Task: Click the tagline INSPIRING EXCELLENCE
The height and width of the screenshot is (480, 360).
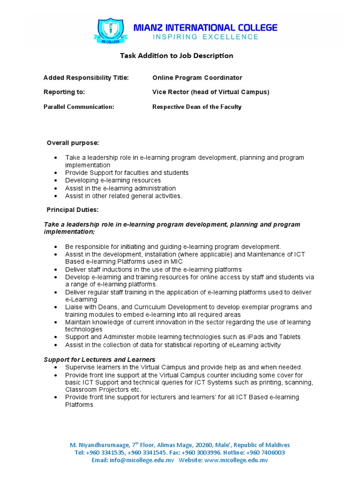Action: pyautogui.click(x=205, y=37)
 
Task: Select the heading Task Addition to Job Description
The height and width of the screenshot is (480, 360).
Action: pyautogui.click(x=176, y=56)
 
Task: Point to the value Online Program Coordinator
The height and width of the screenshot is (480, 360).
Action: pyautogui.click(x=197, y=78)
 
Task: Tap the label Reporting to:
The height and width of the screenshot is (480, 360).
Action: pyautogui.click(x=64, y=92)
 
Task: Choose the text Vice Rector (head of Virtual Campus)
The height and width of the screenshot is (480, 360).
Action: pyautogui.click(x=210, y=92)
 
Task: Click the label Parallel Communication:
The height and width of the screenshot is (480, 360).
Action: pyautogui.click(x=79, y=107)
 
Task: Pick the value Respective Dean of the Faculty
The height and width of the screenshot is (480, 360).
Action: pyautogui.click(x=197, y=107)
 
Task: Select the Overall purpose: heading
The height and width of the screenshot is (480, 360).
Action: pyautogui.click(x=73, y=143)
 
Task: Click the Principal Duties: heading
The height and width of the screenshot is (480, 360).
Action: pyautogui.click(x=72, y=210)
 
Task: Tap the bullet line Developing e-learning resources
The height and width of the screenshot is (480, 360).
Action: pyautogui.click(x=113, y=180)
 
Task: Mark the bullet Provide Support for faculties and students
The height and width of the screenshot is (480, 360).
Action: pyautogui.click(x=127, y=173)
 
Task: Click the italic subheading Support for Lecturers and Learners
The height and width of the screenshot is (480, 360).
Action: pyautogui.click(x=99, y=360)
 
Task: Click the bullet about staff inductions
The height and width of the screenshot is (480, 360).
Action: pyautogui.click(x=153, y=270)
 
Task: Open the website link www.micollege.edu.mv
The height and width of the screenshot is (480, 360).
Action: pyautogui.click(x=236, y=460)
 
